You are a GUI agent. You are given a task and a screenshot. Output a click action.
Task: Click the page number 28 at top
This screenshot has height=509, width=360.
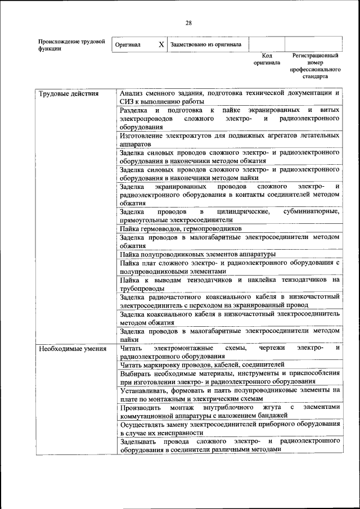[189, 22]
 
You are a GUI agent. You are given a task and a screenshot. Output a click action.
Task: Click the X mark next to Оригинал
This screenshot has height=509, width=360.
[161, 44]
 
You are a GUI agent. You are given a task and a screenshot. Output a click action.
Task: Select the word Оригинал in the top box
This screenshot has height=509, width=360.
[128, 44]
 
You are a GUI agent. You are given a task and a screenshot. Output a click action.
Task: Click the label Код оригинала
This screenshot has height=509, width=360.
[267, 60]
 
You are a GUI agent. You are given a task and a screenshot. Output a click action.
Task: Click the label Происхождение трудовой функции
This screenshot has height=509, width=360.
[71, 45]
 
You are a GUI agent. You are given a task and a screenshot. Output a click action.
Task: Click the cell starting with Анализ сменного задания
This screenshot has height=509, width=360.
[229, 97]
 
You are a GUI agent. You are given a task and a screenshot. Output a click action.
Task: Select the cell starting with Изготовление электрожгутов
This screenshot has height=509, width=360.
[229, 139]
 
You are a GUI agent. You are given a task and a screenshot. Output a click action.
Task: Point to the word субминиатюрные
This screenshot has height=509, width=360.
[312, 211]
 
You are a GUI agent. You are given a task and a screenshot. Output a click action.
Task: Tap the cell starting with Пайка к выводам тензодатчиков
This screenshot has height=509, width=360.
[229, 283]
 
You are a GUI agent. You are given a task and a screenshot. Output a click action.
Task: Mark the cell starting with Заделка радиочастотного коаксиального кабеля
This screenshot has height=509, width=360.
[229, 300]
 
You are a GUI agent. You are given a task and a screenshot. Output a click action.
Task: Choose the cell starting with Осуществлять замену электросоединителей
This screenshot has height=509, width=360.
[229, 428]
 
